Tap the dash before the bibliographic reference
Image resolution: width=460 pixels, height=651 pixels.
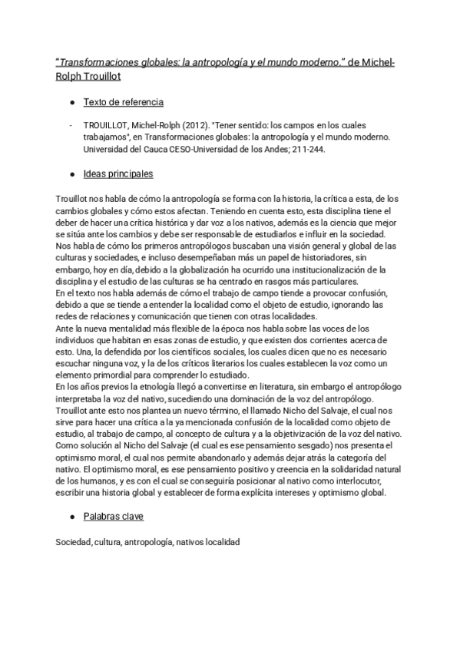click(x=71, y=126)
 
